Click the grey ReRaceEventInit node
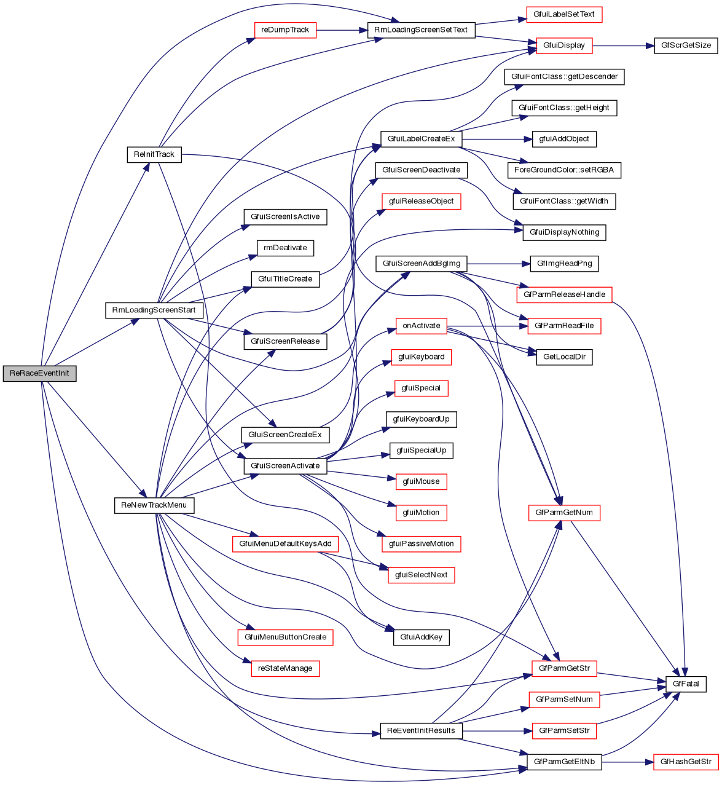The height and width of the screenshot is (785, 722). [39, 373]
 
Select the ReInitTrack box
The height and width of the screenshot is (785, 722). [154, 154]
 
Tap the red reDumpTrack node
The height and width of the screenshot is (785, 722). [285, 30]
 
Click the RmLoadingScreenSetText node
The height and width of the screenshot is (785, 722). [421, 30]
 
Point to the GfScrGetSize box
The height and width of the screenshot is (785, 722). [686, 45]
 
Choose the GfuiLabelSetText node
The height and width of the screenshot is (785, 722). [564, 14]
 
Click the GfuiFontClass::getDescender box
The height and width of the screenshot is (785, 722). [564, 77]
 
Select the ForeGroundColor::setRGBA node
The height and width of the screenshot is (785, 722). [564, 170]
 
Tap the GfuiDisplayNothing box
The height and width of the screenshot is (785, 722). [564, 232]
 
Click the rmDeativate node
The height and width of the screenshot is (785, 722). [285, 248]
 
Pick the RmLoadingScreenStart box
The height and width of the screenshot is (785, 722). [154, 310]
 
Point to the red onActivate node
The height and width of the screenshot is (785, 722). [422, 326]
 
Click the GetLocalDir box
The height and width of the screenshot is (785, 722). [564, 357]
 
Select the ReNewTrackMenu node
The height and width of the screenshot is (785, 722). [154, 505]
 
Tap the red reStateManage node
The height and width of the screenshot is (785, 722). [285, 668]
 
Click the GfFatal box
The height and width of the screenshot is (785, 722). [686, 684]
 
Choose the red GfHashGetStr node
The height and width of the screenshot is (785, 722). [686, 762]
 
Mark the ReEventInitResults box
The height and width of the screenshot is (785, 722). [421, 731]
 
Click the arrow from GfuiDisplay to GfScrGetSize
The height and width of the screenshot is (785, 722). [621, 45]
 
